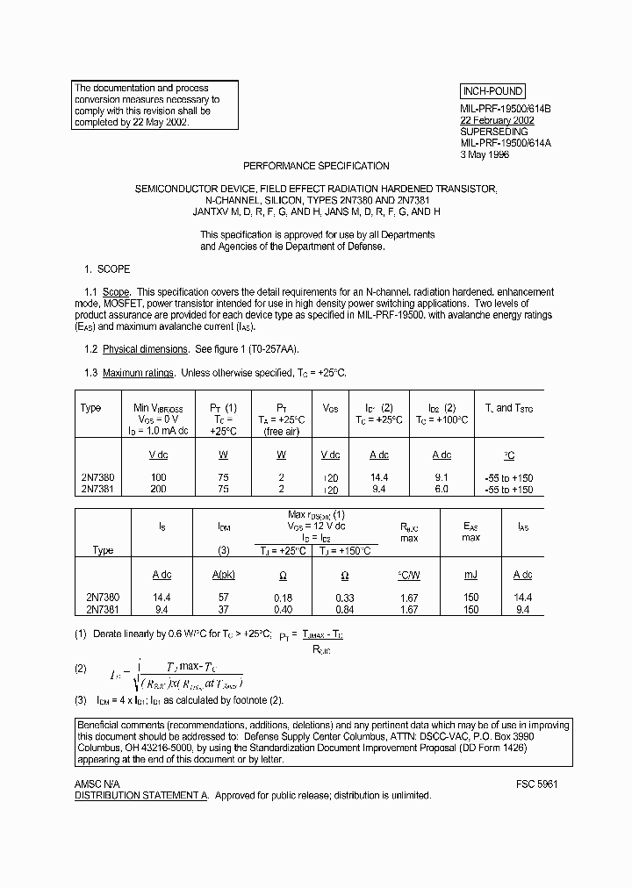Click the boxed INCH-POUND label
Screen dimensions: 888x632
[x=492, y=91]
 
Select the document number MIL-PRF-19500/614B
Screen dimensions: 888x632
[x=505, y=109]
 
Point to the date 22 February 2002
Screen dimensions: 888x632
[x=497, y=120]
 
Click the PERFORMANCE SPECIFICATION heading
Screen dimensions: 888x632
[x=316, y=166]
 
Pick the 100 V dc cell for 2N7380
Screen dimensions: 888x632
[x=158, y=478]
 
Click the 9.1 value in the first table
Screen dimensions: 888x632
[x=442, y=478]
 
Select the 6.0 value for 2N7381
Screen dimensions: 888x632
[x=442, y=490]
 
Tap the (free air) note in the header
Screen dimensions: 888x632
[x=282, y=432]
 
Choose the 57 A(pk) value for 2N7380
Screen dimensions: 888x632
[x=223, y=597]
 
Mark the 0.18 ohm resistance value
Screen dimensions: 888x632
[x=282, y=597]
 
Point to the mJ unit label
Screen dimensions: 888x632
[x=470, y=575]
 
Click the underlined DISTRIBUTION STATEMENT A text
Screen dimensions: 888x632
[x=140, y=795]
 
